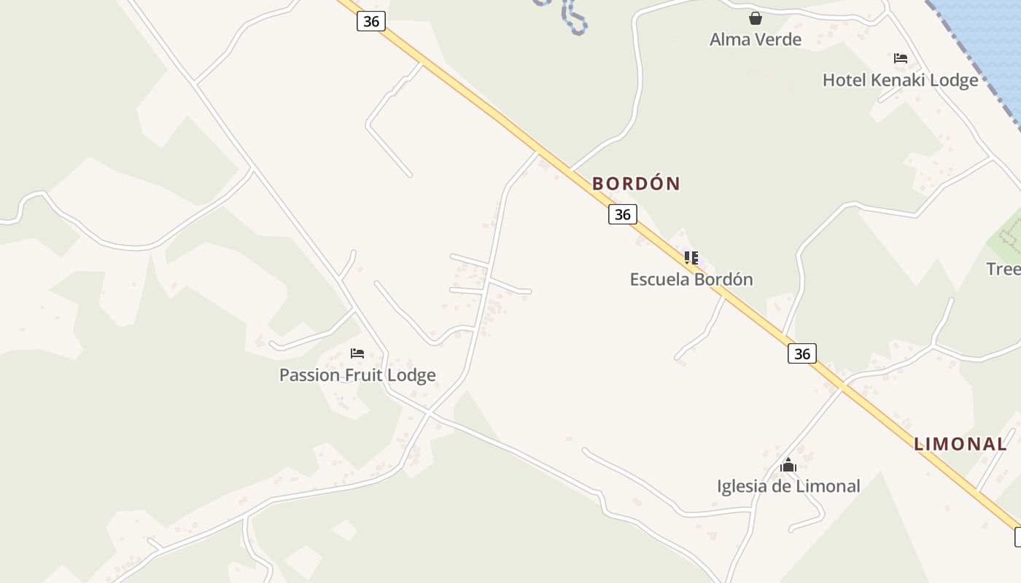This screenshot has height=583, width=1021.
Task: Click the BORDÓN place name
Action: click(x=636, y=184)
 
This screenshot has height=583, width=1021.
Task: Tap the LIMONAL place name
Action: click(x=960, y=444)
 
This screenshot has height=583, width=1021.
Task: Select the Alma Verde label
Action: click(x=756, y=39)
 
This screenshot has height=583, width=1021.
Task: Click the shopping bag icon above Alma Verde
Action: click(x=756, y=18)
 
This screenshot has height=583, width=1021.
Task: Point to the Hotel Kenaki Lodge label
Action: click(x=900, y=80)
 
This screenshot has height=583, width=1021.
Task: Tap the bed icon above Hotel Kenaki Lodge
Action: click(x=901, y=58)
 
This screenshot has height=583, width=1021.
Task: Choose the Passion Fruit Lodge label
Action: click(x=357, y=375)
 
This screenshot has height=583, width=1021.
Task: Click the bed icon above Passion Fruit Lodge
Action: click(x=357, y=353)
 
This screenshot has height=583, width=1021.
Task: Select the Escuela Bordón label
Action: click(x=691, y=279)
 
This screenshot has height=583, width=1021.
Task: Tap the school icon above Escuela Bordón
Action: click(x=691, y=257)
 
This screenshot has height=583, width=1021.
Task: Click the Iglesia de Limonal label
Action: click(x=788, y=486)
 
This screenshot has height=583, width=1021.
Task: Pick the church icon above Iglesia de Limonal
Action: click(x=788, y=465)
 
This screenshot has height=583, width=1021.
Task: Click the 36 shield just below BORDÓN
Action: click(x=623, y=214)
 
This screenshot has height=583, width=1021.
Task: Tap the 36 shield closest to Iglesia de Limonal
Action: click(x=802, y=354)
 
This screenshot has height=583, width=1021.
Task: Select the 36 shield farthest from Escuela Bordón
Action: click(x=371, y=21)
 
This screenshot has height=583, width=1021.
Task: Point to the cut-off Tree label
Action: click(x=1003, y=269)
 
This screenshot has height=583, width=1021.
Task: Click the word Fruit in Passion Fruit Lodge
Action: click(x=369, y=375)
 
